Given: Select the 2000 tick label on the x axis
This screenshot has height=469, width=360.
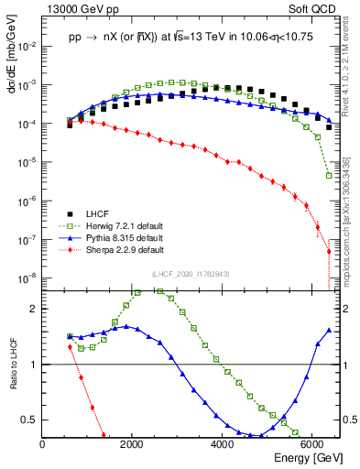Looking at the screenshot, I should tap(133, 443).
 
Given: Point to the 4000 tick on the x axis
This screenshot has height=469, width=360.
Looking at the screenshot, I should tap(223, 443).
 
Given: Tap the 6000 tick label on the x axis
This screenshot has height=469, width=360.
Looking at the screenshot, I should tap(312, 443).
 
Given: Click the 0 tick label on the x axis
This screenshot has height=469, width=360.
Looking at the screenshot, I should tap(43, 443).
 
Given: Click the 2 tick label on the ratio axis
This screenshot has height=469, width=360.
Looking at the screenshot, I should tap(34, 309).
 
